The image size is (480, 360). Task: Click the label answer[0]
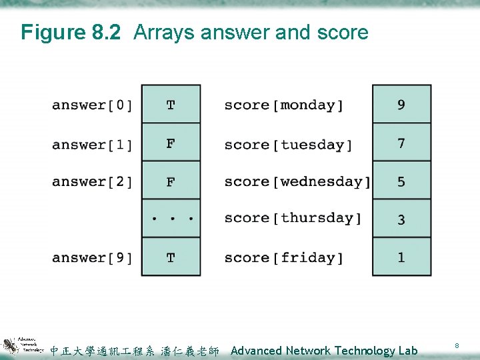(x=92, y=105)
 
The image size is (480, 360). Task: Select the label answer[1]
(x=92, y=145)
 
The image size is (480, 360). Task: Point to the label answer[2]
(x=92, y=181)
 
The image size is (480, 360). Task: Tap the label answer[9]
(x=92, y=257)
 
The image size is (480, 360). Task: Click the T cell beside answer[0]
(x=171, y=105)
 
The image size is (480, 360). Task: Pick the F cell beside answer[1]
(x=171, y=143)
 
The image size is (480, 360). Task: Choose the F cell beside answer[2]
(x=171, y=181)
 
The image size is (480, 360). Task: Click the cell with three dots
(x=171, y=218)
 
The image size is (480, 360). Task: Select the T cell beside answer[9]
(x=171, y=257)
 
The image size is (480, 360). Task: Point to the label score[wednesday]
(x=297, y=181)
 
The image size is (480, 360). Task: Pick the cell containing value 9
(x=401, y=105)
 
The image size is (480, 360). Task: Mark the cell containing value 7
(x=401, y=143)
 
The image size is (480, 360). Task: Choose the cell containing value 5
(x=401, y=181)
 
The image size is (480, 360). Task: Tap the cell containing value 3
(x=401, y=219)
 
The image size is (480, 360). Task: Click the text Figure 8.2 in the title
(x=71, y=32)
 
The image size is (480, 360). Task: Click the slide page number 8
(x=457, y=345)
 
